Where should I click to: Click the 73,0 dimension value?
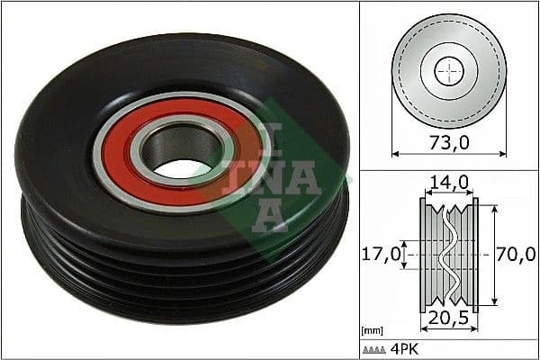(x=448, y=141)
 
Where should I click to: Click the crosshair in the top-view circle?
(x=448, y=71)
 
